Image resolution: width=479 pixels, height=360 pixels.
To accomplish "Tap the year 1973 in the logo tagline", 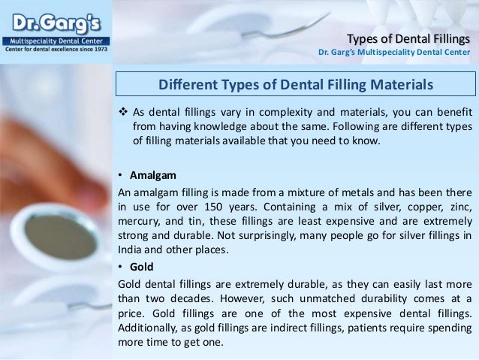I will tap(100, 49).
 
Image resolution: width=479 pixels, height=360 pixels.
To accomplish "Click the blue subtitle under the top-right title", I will tap(394, 52).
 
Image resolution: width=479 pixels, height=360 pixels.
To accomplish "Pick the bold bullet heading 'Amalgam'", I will tap(153, 175).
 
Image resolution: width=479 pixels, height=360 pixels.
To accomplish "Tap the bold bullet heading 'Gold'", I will tap(142, 267).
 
